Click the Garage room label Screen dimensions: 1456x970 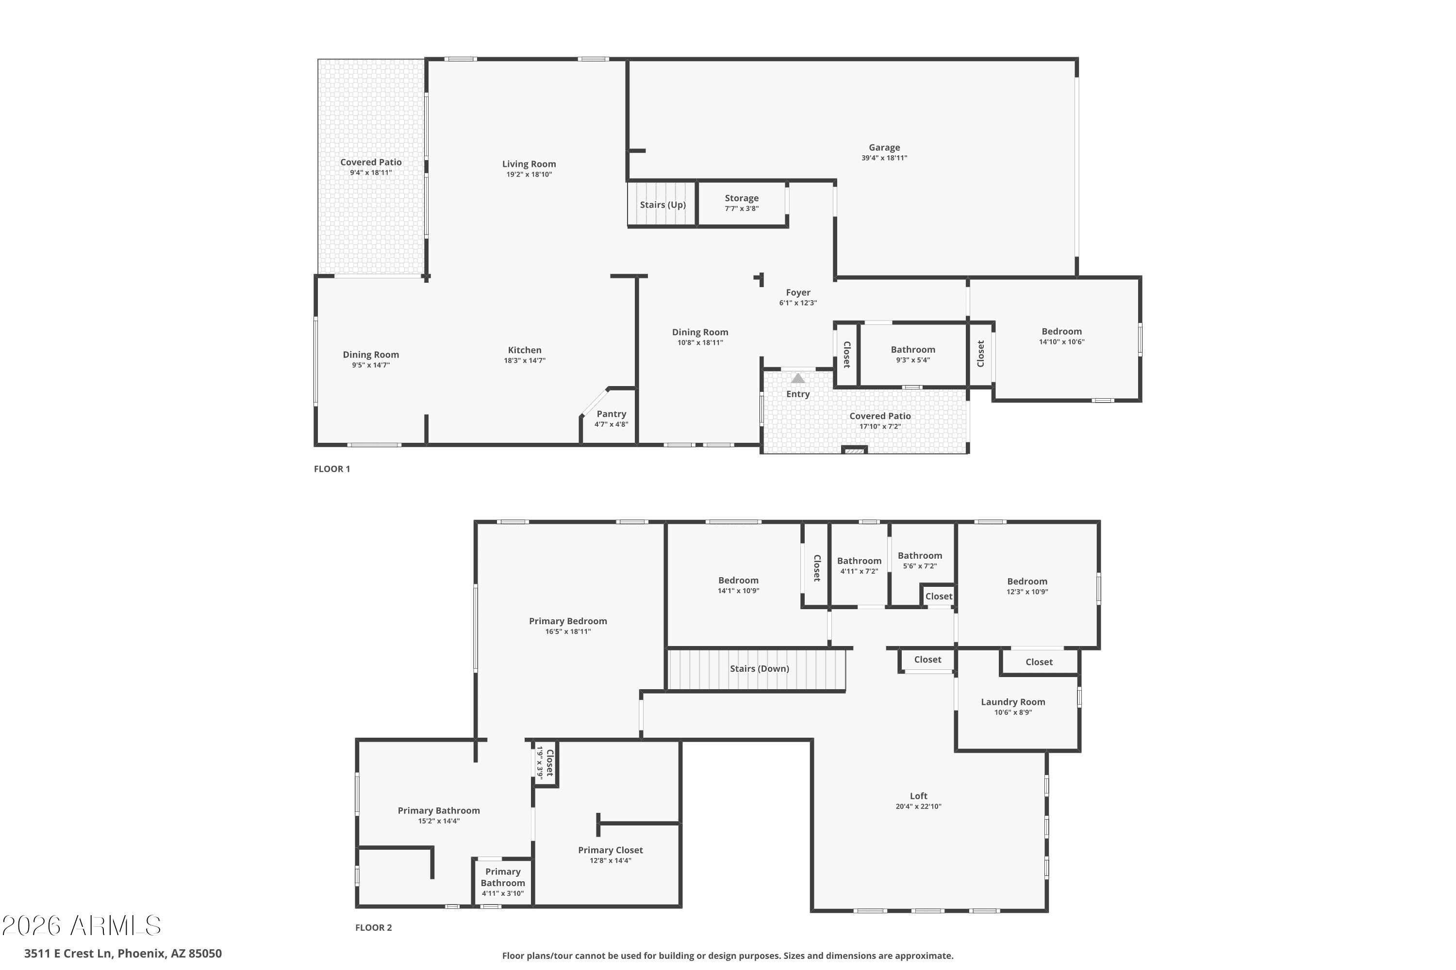(x=884, y=147)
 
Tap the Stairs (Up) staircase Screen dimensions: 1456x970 (x=662, y=204)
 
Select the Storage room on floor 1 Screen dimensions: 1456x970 (x=742, y=204)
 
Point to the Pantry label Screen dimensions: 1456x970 (x=611, y=414)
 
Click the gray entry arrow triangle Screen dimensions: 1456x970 (x=798, y=378)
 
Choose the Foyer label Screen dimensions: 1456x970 (x=798, y=292)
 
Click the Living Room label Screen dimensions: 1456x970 (x=529, y=164)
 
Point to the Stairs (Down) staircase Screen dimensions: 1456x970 (x=757, y=669)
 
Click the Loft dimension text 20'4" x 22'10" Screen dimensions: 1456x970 (x=918, y=807)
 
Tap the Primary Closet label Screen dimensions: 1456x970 (x=611, y=851)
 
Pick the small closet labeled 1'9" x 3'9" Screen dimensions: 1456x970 (x=545, y=763)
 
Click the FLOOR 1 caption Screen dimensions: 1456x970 (x=332, y=469)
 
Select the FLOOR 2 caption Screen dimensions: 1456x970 (x=373, y=927)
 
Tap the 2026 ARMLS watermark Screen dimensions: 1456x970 (x=81, y=925)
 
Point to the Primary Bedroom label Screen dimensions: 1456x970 (x=568, y=621)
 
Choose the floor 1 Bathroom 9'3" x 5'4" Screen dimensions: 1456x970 (x=913, y=354)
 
